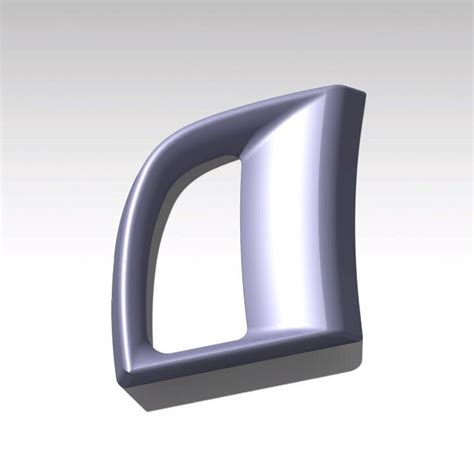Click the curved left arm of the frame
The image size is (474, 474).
click(x=132, y=270)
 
